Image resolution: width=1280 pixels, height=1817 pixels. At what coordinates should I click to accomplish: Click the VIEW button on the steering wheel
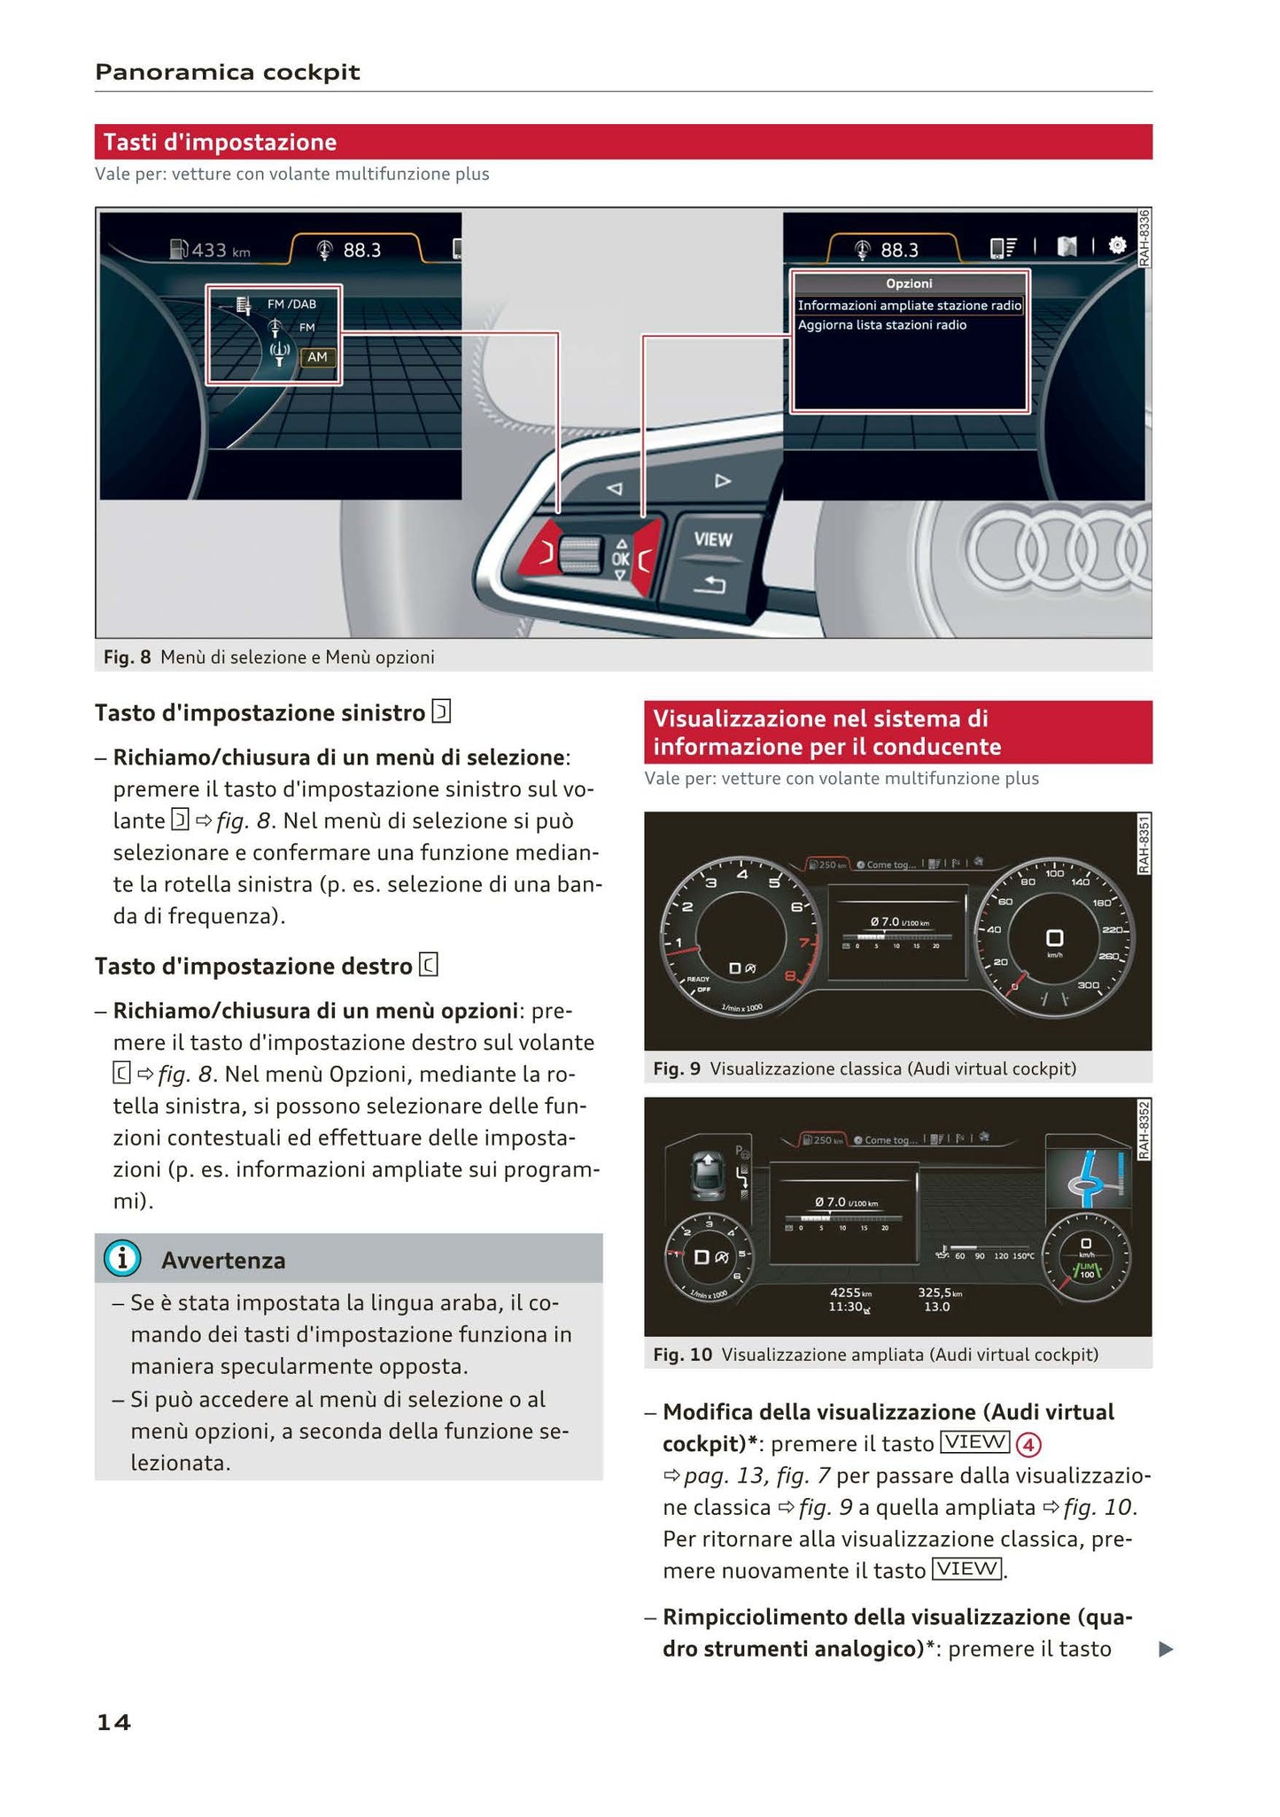(x=712, y=539)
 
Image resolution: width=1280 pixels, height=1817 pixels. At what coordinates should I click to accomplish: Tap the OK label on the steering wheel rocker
(x=620, y=559)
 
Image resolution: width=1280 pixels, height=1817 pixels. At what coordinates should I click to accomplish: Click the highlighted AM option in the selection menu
(x=317, y=357)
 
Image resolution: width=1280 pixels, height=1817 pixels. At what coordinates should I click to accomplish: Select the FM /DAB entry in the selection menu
(x=291, y=304)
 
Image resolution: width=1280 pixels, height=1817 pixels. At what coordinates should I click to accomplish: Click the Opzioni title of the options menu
(x=909, y=283)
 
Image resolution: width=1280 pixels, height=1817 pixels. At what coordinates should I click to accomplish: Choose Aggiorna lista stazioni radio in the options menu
(x=881, y=325)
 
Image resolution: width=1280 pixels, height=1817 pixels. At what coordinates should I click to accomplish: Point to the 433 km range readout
(x=211, y=250)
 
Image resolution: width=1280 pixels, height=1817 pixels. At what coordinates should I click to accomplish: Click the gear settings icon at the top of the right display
(x=1117, y=245)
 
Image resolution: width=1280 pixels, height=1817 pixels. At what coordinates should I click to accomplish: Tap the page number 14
(x=113, y=1721)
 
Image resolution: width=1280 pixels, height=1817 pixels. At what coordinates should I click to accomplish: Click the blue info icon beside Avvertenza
(x=122, y=1259)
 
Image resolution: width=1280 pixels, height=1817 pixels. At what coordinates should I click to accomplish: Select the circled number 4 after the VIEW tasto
(x=1028, y=1445)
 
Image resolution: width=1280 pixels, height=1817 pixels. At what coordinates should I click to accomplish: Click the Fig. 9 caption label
(x=676, y=1068)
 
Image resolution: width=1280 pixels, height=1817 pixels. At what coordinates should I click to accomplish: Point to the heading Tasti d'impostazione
(x=220, y=142)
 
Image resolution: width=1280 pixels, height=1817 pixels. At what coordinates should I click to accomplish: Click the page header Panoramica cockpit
(x=227, y=72)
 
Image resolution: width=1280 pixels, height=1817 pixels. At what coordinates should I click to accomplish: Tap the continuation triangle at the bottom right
(x=1166, y=1649)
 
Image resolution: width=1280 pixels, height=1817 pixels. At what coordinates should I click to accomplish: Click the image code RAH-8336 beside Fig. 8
(x=1144, y=237)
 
